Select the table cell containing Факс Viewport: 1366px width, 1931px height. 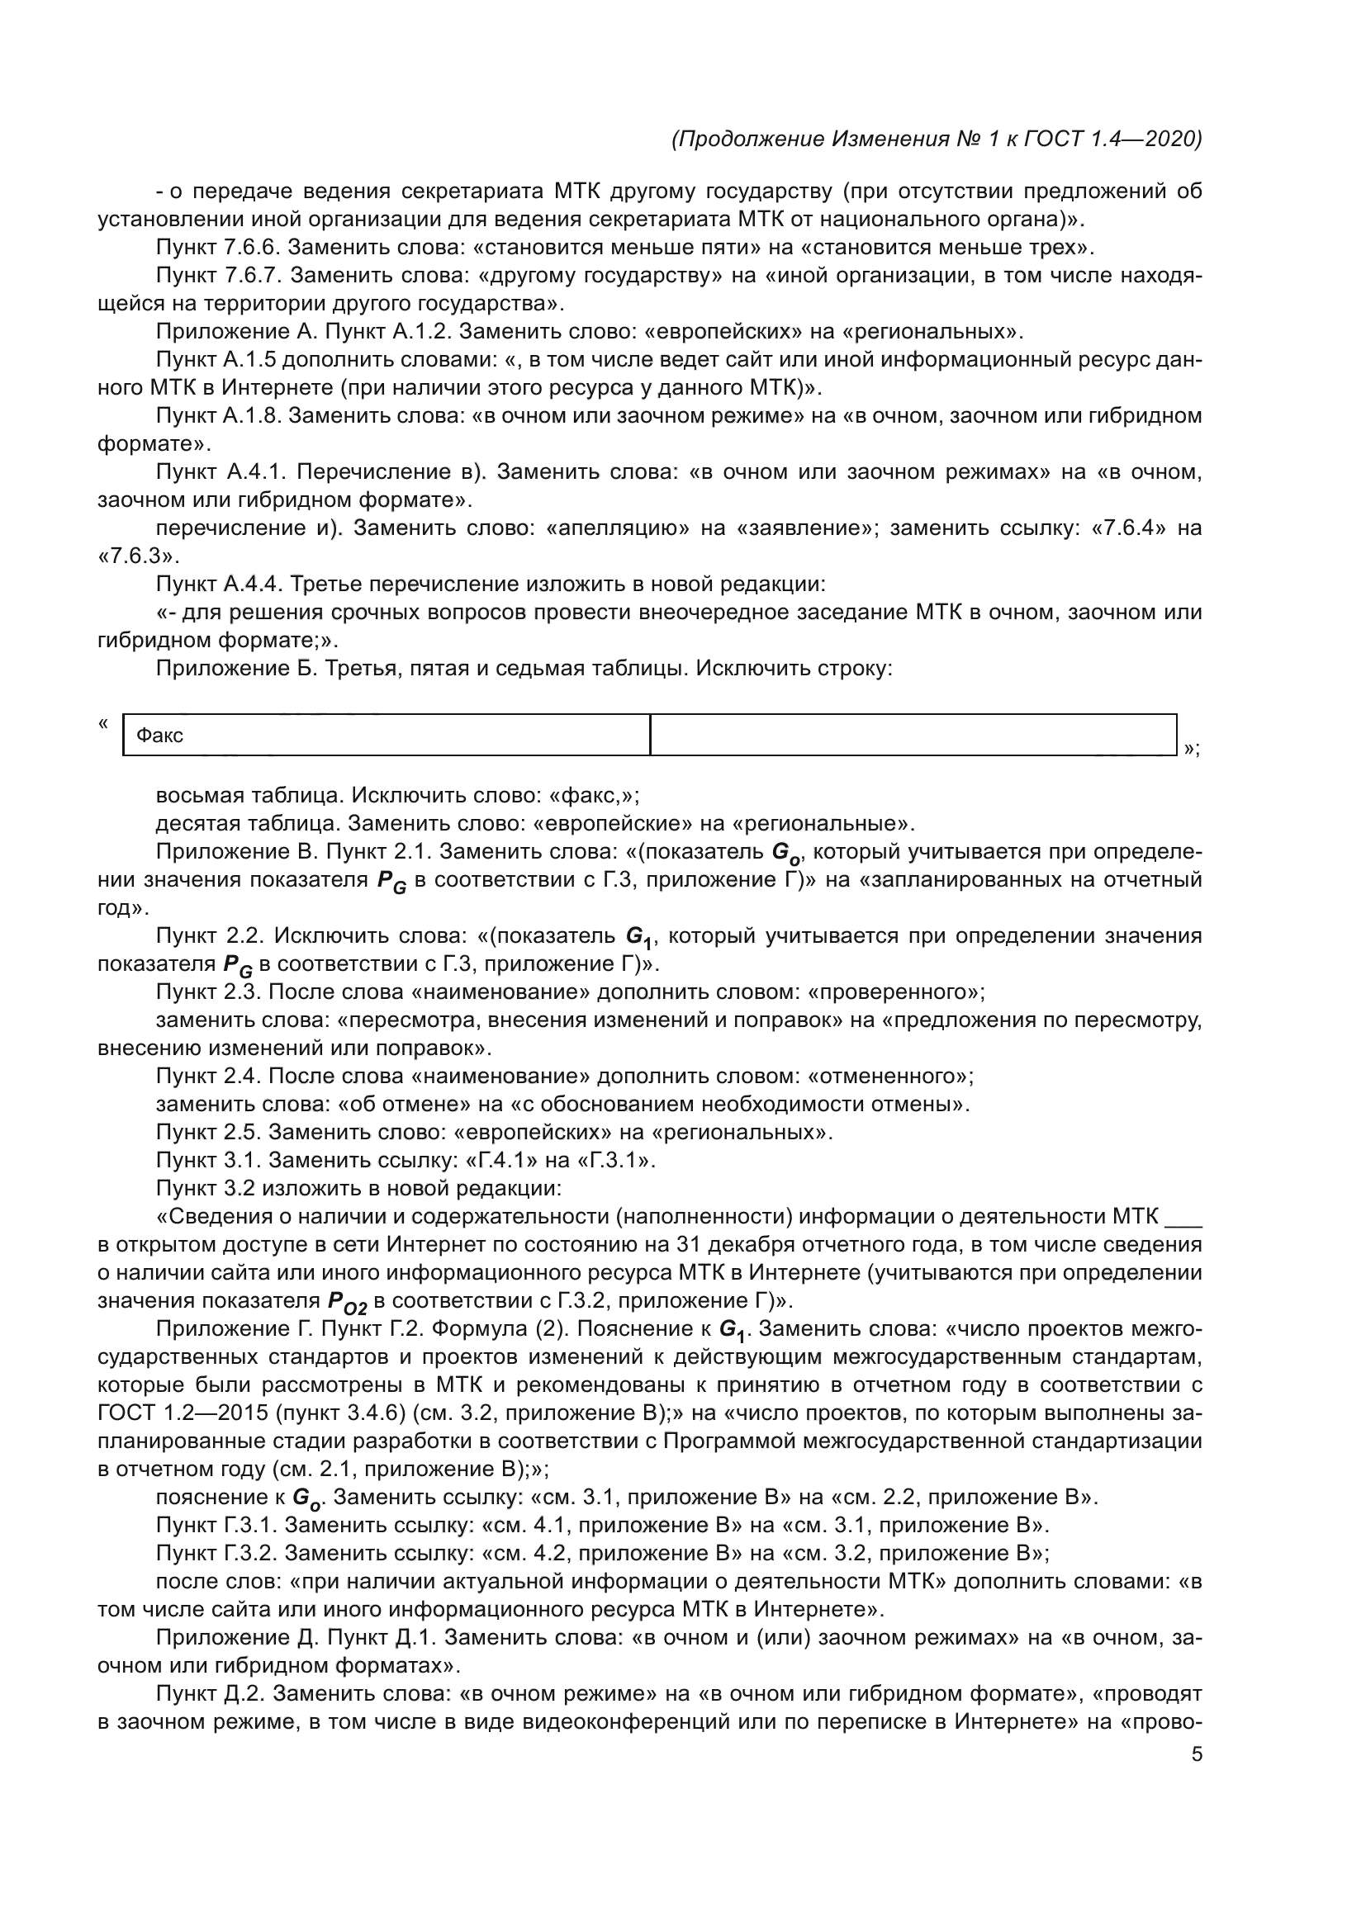point(386,735)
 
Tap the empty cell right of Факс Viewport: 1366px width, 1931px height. point(913,735)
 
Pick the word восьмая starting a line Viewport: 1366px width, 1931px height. point(198,795)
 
